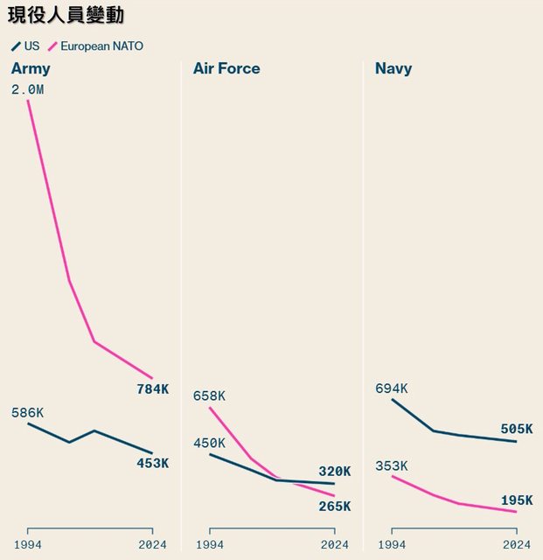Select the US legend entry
coord(26,45)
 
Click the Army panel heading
coord(31,68)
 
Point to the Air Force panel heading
coord(226,68)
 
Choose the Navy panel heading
coord(393,68)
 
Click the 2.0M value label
coord(27,88)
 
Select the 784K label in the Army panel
coord(152,388)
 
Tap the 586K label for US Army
coord(27,413)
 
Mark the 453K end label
coord(152,463)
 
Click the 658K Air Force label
coord(209,395)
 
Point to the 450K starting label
coord(209,443)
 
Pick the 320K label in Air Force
coord(334,471)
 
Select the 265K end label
coord(334,506)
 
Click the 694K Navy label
coord(391,388)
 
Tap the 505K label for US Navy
coord(516,429)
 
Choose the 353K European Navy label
coord(391,465)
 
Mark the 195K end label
coord(516,500)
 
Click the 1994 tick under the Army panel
coord(27,544)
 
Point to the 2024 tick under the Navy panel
coord(516,544)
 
